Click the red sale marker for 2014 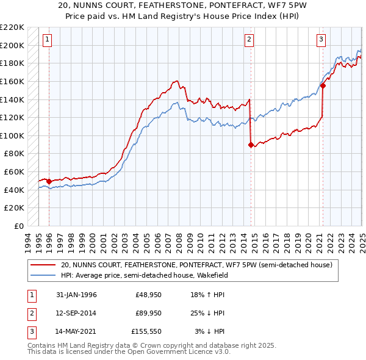pyautogui.click(x=251, y=145)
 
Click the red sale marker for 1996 pyautogui.click(x=49, y=181)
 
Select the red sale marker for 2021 pyautogui.click(x=323, y=85)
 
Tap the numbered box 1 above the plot pyautogui.click(x=48, y=40)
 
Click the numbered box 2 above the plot pyautogui.click(x=249, y=40)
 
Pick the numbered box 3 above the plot pyautogui.click(x=321, y=40)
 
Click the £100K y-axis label pyautogui.click(x=12, y=135)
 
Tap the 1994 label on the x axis pyautogui.click(x=28, y=240)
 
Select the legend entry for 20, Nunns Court pyautogui.click(x=196, y=265)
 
